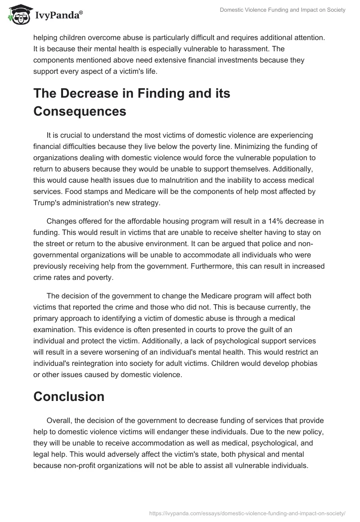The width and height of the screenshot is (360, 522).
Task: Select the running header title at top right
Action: [x=283, y=10]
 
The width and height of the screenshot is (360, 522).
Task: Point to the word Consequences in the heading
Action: [x=80, y=111]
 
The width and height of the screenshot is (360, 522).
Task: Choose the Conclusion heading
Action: [x=69, y=396]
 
